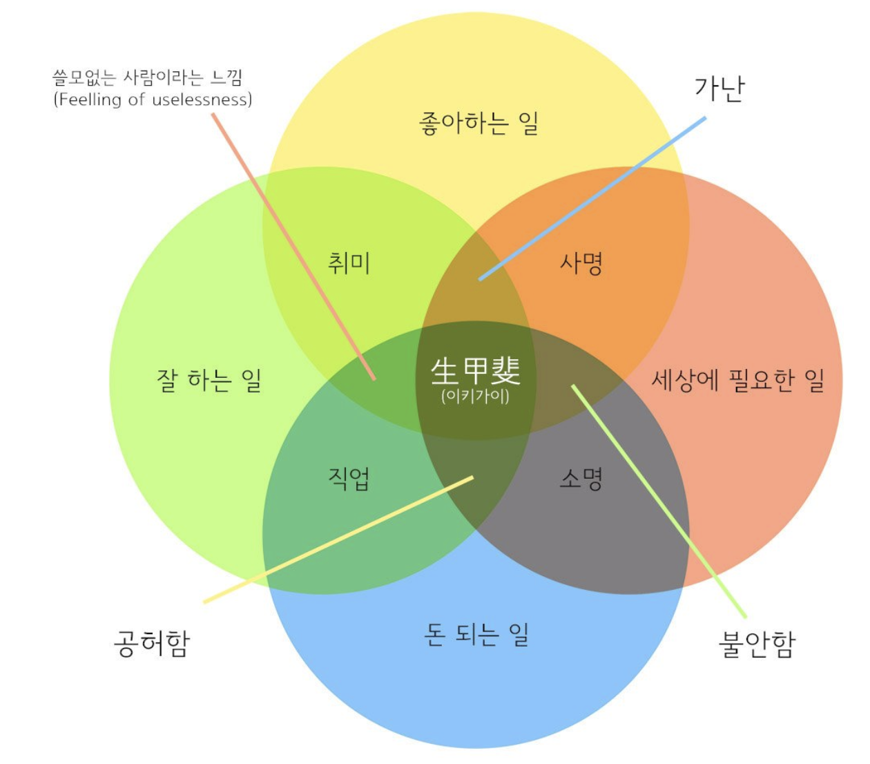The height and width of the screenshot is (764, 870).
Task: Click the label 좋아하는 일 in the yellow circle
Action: click(478, 124)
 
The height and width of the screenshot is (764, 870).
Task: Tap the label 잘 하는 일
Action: click(209, 379)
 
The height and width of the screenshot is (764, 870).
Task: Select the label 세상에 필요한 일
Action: click(737, 379)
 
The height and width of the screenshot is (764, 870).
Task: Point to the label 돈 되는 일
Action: click(476, 633)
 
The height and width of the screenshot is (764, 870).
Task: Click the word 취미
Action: click(349, 263)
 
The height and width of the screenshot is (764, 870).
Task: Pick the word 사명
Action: click(581, 263)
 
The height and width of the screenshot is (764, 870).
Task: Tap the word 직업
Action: click(349, 478)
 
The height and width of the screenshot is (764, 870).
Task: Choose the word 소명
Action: click(581, 478)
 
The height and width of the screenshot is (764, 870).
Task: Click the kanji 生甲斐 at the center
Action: click(476, 371)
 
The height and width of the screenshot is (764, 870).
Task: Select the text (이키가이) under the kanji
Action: click(476, 397)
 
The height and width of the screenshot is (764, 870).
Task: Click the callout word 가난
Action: click(719, 88)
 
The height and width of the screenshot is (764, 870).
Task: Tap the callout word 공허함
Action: click(152, 644)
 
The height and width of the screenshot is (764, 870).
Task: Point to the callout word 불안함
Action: click(757, 644)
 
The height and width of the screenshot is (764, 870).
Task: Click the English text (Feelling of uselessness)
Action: click(153, 100)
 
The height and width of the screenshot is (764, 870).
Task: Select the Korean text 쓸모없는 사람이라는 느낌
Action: click(148, 77)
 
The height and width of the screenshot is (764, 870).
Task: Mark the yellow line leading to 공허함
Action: click(338, 539)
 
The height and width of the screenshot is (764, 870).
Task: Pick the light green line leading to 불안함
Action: click(659, 502)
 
